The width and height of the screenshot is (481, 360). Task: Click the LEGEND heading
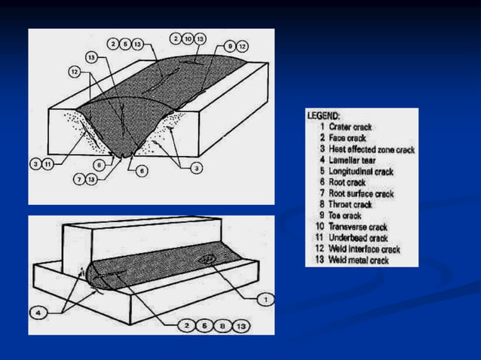[323, 116]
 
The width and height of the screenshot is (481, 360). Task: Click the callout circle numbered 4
[39, 310]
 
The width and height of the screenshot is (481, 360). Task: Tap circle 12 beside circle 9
[244, 46]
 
